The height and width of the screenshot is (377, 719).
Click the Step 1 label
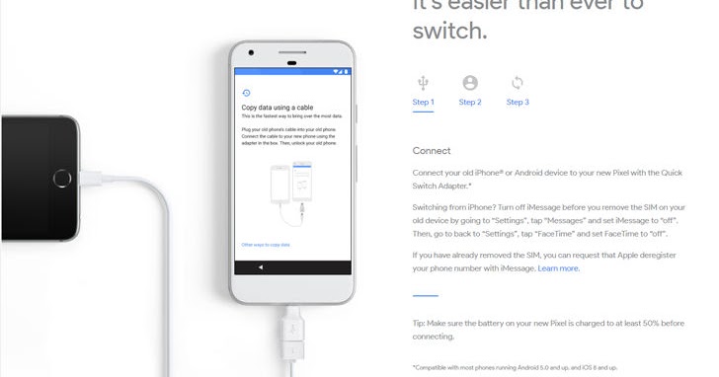coord(423,102)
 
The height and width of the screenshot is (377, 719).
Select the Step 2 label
coord(470,102)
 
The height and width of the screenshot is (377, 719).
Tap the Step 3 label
coord(518,102)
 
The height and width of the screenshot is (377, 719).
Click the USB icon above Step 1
coord(423,83)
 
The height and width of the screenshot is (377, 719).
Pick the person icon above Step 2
coord(470,83)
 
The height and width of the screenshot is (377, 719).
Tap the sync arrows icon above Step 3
coord(518,83)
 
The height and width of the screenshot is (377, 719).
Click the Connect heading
coord(432,151)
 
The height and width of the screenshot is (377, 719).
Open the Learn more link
coord(559,268)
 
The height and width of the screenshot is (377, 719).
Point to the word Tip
coord(419,324)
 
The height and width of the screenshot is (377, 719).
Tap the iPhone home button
coord(64,180)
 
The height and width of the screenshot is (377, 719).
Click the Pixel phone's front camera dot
coord(252,52)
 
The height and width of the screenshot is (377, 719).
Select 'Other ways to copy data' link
coord(266,244)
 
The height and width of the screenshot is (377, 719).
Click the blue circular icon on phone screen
coord(246,93)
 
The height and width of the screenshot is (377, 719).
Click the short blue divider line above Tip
coord(425,295)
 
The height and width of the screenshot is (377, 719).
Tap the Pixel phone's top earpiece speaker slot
coord(292,51)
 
